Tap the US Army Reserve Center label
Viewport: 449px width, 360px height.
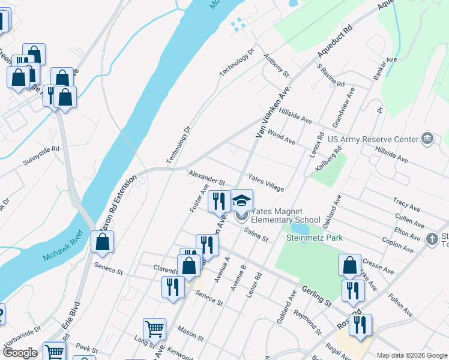(373, 140)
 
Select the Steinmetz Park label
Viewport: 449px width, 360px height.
(314, 238)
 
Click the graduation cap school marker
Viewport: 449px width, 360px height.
(242, 200)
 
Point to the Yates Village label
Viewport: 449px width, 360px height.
(267, 183)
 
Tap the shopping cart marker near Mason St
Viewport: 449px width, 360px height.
(154, 329)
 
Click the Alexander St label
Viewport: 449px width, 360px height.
(206, 177)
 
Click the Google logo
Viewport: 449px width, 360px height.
(20, 353)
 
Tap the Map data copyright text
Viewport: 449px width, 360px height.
(411, 355)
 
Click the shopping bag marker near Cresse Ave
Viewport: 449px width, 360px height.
(349, 265)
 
